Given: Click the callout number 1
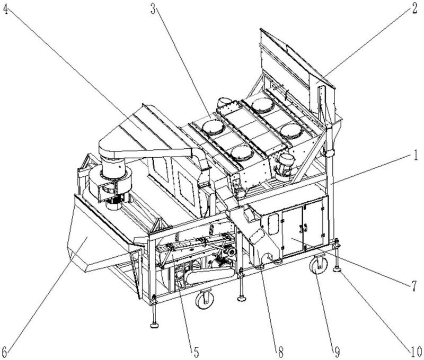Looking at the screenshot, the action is point(416,156).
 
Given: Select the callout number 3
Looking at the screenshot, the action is point(153,9).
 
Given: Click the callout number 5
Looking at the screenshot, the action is point(196,352).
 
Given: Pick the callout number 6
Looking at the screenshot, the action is point(5,352).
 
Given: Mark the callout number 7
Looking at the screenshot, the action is point(414,286).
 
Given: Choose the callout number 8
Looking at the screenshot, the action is point(280,352).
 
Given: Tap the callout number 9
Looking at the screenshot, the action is point(337,352).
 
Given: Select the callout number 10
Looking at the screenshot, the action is point(416,352).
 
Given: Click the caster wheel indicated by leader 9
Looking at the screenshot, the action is point(319,265).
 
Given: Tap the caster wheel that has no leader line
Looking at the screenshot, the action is point(205,299).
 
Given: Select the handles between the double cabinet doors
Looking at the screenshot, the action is point(303,229).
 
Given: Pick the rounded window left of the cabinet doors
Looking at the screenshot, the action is point(273,224).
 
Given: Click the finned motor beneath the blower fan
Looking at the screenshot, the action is point(114,203).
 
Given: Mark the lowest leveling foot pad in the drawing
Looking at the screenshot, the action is point(154,325).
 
